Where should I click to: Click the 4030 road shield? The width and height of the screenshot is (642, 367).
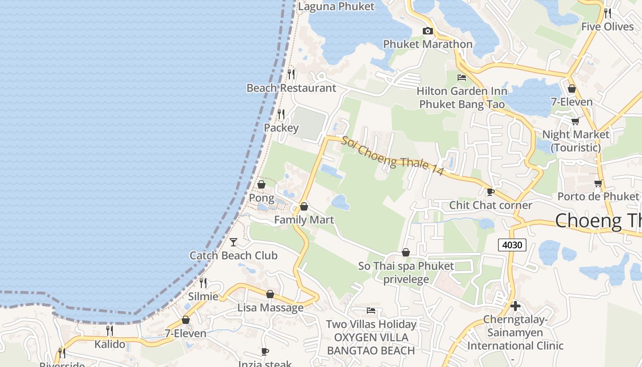(x=512, y=245)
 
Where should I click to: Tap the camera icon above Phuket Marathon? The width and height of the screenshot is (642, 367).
(x=427, y=31)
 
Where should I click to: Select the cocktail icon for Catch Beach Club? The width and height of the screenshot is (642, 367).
(x=233, y=242)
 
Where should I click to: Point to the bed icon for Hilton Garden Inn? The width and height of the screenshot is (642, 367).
(x=462, y=78)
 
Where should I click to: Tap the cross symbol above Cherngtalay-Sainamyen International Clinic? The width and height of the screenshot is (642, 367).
(x=515, y=306)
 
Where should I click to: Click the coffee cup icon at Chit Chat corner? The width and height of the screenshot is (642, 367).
(x=490, y=192)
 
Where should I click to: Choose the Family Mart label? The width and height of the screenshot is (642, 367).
(x=304, y=220)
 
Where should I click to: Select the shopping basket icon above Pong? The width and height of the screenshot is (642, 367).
(x=261, y=184)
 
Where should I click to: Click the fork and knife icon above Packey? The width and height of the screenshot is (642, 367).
(x=281, y=114)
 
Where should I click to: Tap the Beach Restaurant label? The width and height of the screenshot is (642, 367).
(x=291, y=88)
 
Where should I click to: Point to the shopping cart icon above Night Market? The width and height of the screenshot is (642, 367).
(x=575, y=121)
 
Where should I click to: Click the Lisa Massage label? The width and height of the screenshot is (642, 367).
(x=270, y=307)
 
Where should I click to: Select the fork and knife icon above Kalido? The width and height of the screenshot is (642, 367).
(x=110, y=330)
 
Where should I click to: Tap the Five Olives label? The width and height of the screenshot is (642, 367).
(x=607, y=27)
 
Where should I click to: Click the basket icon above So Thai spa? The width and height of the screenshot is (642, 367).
(x=405, y=252)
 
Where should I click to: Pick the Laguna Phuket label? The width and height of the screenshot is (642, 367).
(x=336, y=6)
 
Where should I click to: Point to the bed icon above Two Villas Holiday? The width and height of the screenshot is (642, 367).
(x=371, y=311)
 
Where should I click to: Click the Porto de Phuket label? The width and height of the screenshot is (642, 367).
(x=598, y=196)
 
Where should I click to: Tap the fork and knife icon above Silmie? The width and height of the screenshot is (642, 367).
(x=203, y=283)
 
